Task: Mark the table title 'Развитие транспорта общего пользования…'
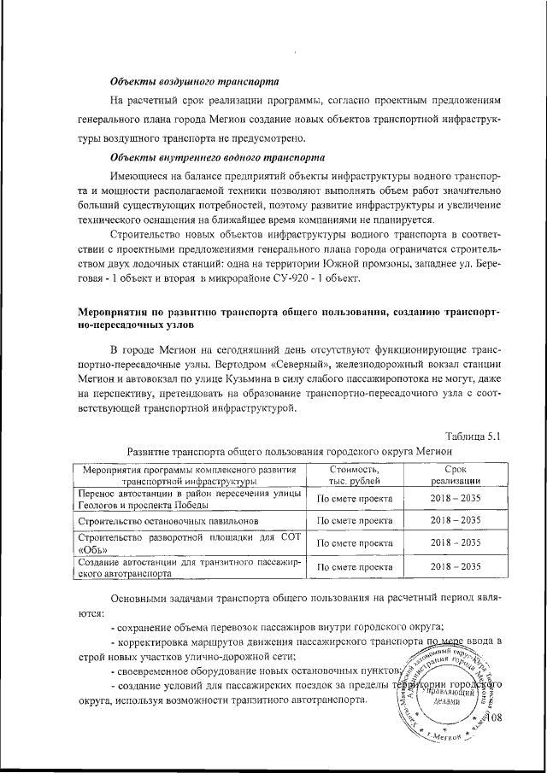coord(288,451)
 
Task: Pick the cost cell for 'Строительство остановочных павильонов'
coord(354,519)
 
